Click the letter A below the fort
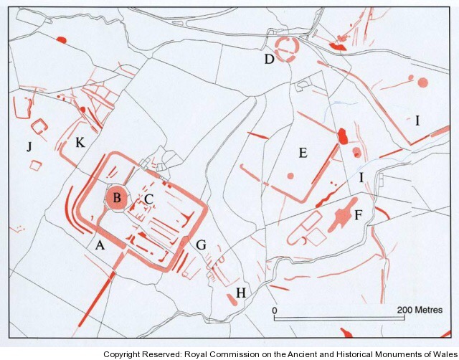tap(100, 245)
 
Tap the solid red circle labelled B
tap(116, 198)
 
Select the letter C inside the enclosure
tap(148, 199)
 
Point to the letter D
tap(269, 59)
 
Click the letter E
tap(303, 153)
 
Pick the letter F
tap(359, 215)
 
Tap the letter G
tap(201, 245)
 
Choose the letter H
tap(241, 293)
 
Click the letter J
tap(29, 146)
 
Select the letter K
tap(80, 143)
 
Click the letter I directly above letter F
tap(361, 177)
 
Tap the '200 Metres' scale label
tap(420, 310)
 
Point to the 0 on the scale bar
tap(274, 310)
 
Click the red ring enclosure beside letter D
tap(287, 49)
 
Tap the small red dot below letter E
tap(290, 176)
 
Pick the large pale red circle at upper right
tap(422, 82)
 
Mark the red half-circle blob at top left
tap(61, 40)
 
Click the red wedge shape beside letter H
tap(232, 300)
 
